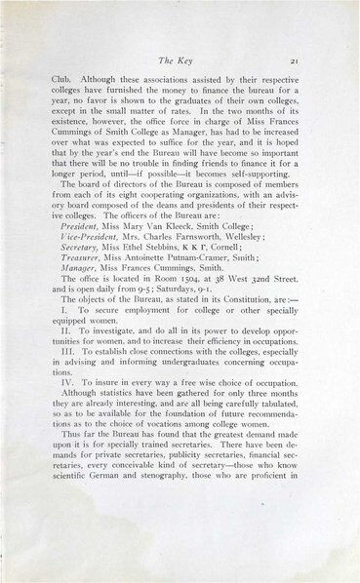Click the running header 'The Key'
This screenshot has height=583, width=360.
point(180,59)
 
